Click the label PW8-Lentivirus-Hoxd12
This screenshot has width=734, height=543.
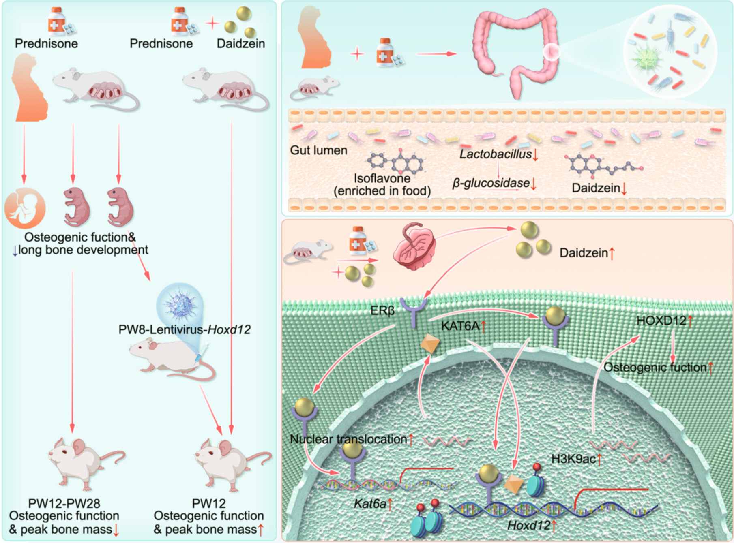coord(185,329)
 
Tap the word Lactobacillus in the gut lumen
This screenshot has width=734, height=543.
coord(496,154)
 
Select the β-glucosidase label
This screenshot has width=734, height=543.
coord(491,184)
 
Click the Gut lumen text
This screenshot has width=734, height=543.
coord(319,150)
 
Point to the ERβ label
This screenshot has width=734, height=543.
coord(382,311)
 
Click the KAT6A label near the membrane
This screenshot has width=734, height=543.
coord(460,326)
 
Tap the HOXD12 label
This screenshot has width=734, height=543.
coord(661,321)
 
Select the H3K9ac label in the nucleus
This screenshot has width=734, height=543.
coord(573,459)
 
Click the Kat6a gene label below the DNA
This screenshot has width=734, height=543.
coord(370,504)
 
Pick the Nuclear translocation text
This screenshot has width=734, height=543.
coord(348,439)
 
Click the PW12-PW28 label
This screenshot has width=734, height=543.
coord(64,504)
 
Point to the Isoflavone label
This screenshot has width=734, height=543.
coord(382,178)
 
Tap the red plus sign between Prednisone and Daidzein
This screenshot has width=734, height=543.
coord(212,23)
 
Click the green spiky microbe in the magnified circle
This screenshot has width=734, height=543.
coord(646,59)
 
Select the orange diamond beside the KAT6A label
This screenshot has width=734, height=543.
coord(430,344)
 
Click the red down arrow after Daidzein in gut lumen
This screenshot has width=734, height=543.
coord(624,189)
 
